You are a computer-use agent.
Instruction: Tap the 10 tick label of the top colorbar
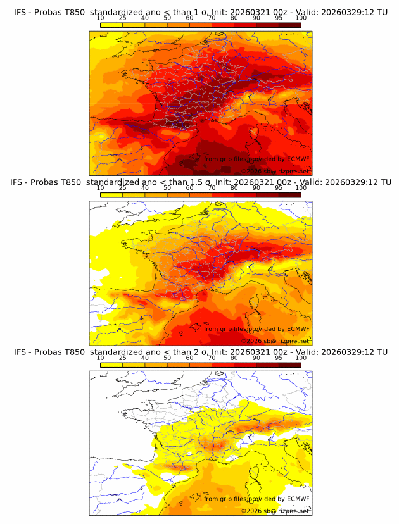point(101,18)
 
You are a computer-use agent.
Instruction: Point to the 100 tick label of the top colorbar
point(301,18)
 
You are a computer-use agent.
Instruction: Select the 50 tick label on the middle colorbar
point(167,188)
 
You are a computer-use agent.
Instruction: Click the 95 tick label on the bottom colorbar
point(279,358)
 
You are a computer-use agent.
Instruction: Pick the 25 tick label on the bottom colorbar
point(123,358)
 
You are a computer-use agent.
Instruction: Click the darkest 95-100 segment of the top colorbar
point(289,25)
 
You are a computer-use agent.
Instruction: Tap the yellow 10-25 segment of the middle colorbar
point(111,195)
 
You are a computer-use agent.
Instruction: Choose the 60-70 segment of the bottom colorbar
point(201,365)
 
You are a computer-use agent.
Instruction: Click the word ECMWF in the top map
point(298,159)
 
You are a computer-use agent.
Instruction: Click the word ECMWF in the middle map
point(298,328)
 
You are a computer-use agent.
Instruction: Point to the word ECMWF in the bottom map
point(298,498)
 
